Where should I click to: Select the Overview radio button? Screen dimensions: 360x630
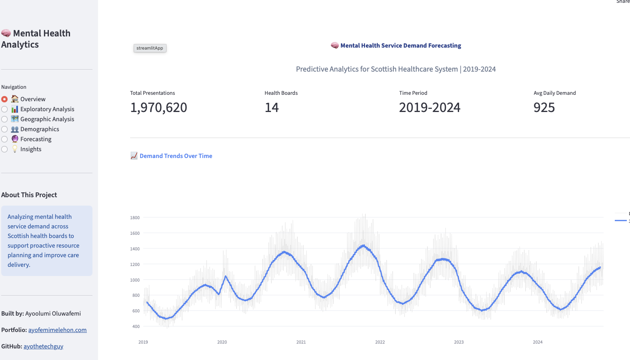pyautogui.click(x=4, y=99)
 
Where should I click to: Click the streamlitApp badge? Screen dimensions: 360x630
pyautogui.click(x=150, y=48)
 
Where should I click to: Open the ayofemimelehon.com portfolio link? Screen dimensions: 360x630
pyautogui.click(x=57, y=330)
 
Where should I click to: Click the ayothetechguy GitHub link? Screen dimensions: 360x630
pyautogui.click(x=43, y=346)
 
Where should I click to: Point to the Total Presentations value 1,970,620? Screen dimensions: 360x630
pyautogui.click(x=159, y=108)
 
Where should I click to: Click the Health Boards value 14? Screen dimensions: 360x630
pyautogui.click(x=271, y=108)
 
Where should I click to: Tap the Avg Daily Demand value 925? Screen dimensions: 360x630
pyautogui.click(x=544, y=108)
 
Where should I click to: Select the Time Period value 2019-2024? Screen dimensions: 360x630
pyautogui.click(x=429, y=108)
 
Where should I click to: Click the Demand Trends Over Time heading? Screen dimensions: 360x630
pyautogui.click(x=176, y=156)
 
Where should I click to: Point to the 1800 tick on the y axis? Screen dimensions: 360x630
pyautogui.click(x=135, y=218)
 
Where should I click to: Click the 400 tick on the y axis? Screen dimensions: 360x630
pyautogui.click(x=136, y=326)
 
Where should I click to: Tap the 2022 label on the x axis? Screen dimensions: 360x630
pyautogui.click(x=380, y=342)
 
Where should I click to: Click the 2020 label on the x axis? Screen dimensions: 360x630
pyautogui.click(x=222, y=342)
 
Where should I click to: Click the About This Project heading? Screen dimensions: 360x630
pyautogui.click(x=29, y=195)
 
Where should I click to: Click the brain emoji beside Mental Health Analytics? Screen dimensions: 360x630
pyautogui.click(x=6, y=33)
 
